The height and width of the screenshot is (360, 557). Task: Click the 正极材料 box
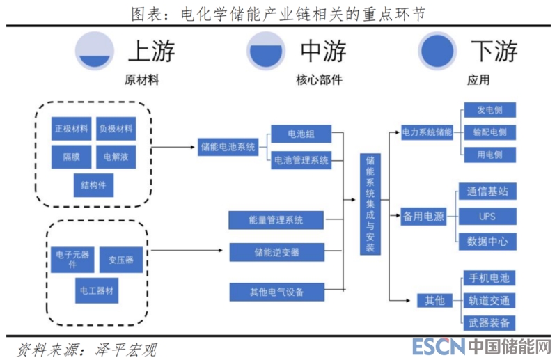pyautogui.click(x=71, y=129)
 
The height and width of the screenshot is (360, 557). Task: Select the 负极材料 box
pyautogui.click(x=116, y=129)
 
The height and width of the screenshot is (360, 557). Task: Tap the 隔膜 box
pyautogui.click(x=71, y=157)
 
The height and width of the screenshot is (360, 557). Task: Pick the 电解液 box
pyautogui.click(x=116, y=157)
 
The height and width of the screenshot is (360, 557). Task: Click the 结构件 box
pyautogui.click(x=93, y=185)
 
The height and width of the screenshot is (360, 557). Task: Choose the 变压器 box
pyautogui.click(x=120, y=260)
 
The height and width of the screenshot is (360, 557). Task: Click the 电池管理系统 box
pyautogui.click(x=301, y=160)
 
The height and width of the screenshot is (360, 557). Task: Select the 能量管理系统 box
pyautogui.click(x=276, y=220)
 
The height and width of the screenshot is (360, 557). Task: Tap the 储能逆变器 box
pyautogui.click(x=276, y=251)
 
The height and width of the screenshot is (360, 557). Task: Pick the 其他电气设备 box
pyautogui.click(x=276, y=291)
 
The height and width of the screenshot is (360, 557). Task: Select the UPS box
pyautogui.click(x=487, y=217)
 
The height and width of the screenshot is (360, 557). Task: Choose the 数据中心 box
pyautogui.click(x=487, y=242)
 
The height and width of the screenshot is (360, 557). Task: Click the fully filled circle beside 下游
pyautogui.click(x=437, y=51)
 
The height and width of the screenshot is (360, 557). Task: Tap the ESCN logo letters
pyautogui.click(x=436, y=346)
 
